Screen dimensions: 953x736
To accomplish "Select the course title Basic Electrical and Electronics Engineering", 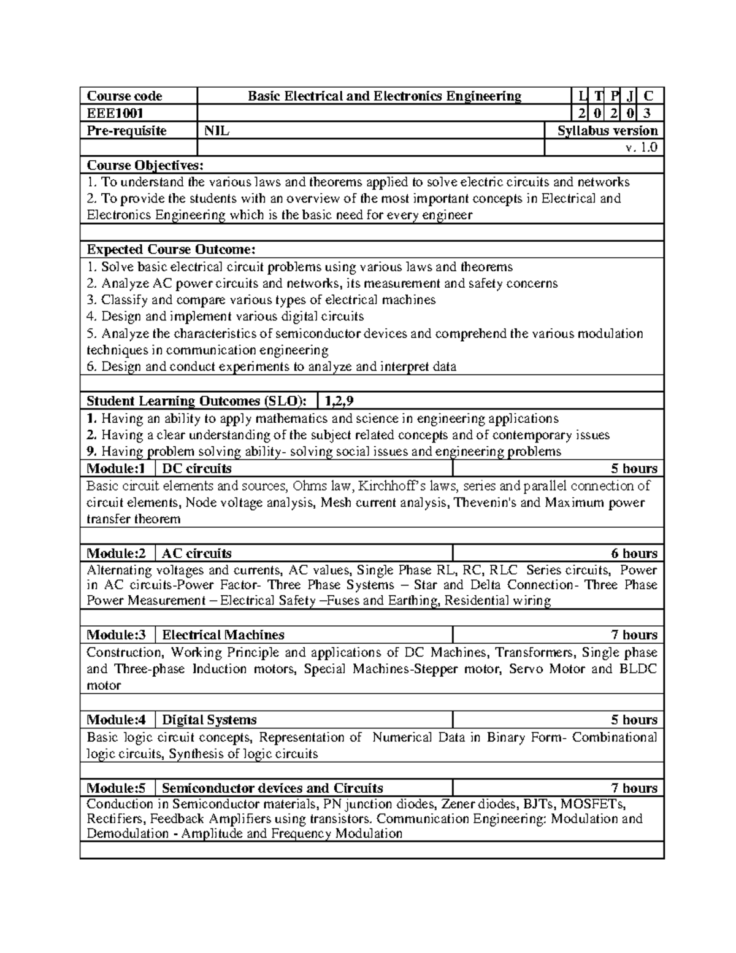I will pyautogui.click(x=384, y=96).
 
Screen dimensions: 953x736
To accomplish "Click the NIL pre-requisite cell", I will pyautogui.click(x=217, y=130).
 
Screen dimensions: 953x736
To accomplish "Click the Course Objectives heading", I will pyautogui.click(x=144, y=165).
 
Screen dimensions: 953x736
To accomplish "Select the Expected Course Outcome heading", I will pyautogui.click(x=171, y=249).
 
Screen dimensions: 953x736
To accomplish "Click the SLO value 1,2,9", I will pyautogui.click(x=339, y=401).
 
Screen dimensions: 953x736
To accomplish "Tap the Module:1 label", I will pyautogui.click(x=117, y=469).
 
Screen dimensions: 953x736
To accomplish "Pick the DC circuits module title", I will pyautogui.click(x=197, y=469).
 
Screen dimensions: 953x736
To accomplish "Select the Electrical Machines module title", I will pyautogui.click(x=223, y=635).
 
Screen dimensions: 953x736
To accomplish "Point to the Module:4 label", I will pyautogui.click(x=117, y=720).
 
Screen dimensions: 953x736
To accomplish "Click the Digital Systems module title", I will pyautogui.click(x=209, y=720).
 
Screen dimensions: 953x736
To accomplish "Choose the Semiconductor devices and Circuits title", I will pyautogui.click(x=272, y=789).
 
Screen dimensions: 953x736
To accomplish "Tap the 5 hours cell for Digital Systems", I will pyautogui.click(x=634, y=720).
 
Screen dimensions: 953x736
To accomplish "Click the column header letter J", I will pyautogui.click(x=630, y=96).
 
